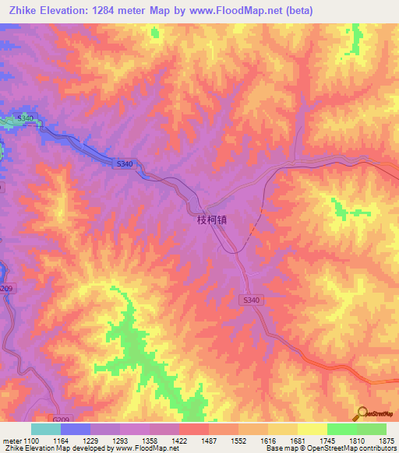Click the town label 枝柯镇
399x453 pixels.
coord(210,220)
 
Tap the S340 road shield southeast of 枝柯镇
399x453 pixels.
coord(249,299)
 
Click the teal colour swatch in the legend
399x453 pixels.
coord(46,429)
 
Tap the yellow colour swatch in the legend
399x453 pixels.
coord(312,429)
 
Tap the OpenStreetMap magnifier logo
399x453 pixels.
coord(362,412)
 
